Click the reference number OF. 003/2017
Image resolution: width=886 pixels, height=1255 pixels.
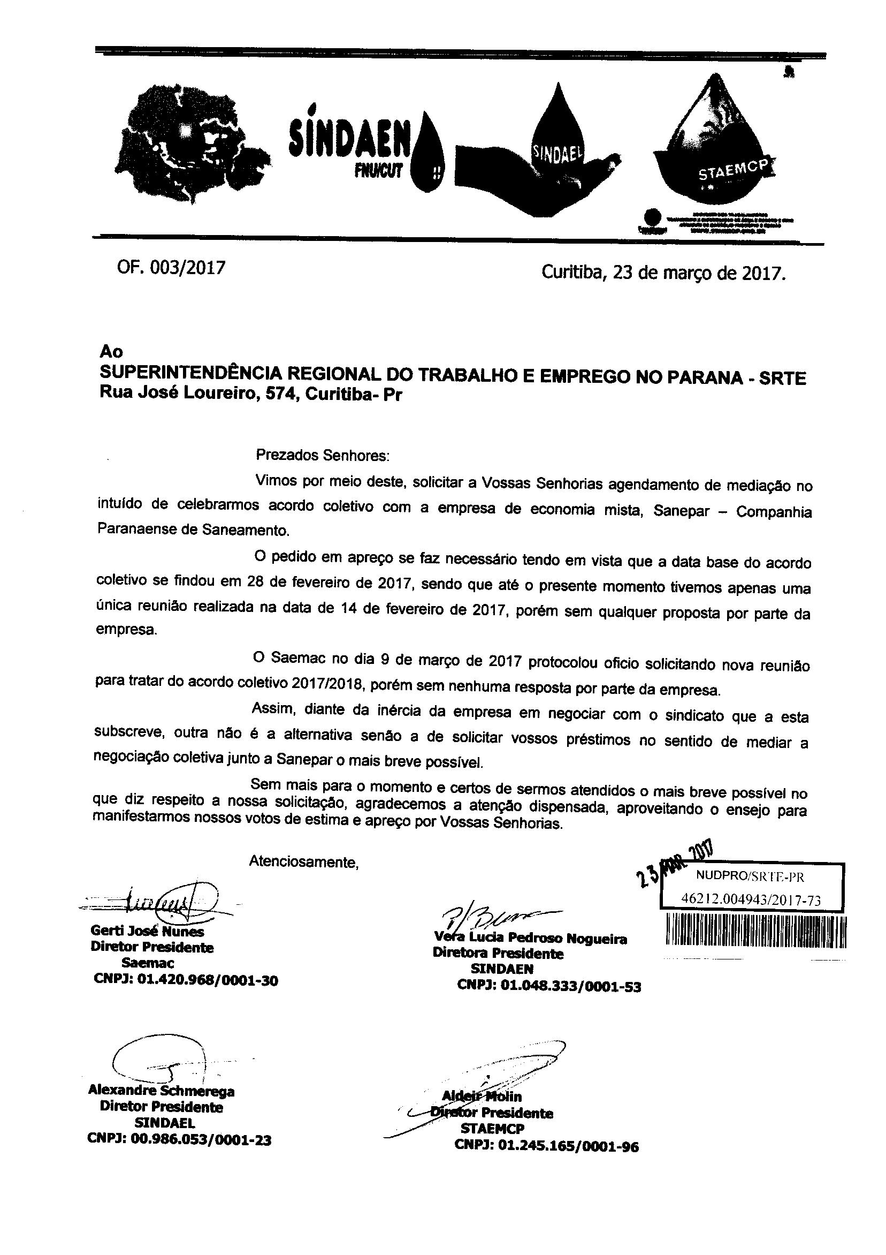(x=171, y=268)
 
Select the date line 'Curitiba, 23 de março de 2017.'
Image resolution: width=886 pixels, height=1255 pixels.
(x=663, y=272)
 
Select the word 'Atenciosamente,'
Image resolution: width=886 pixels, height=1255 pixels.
(x=304, y=862)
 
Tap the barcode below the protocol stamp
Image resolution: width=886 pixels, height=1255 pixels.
(x=756, y=931)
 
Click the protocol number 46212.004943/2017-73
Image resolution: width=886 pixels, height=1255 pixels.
(x=751, y=900)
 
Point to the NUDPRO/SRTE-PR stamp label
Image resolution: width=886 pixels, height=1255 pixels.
(x=750, y=877)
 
